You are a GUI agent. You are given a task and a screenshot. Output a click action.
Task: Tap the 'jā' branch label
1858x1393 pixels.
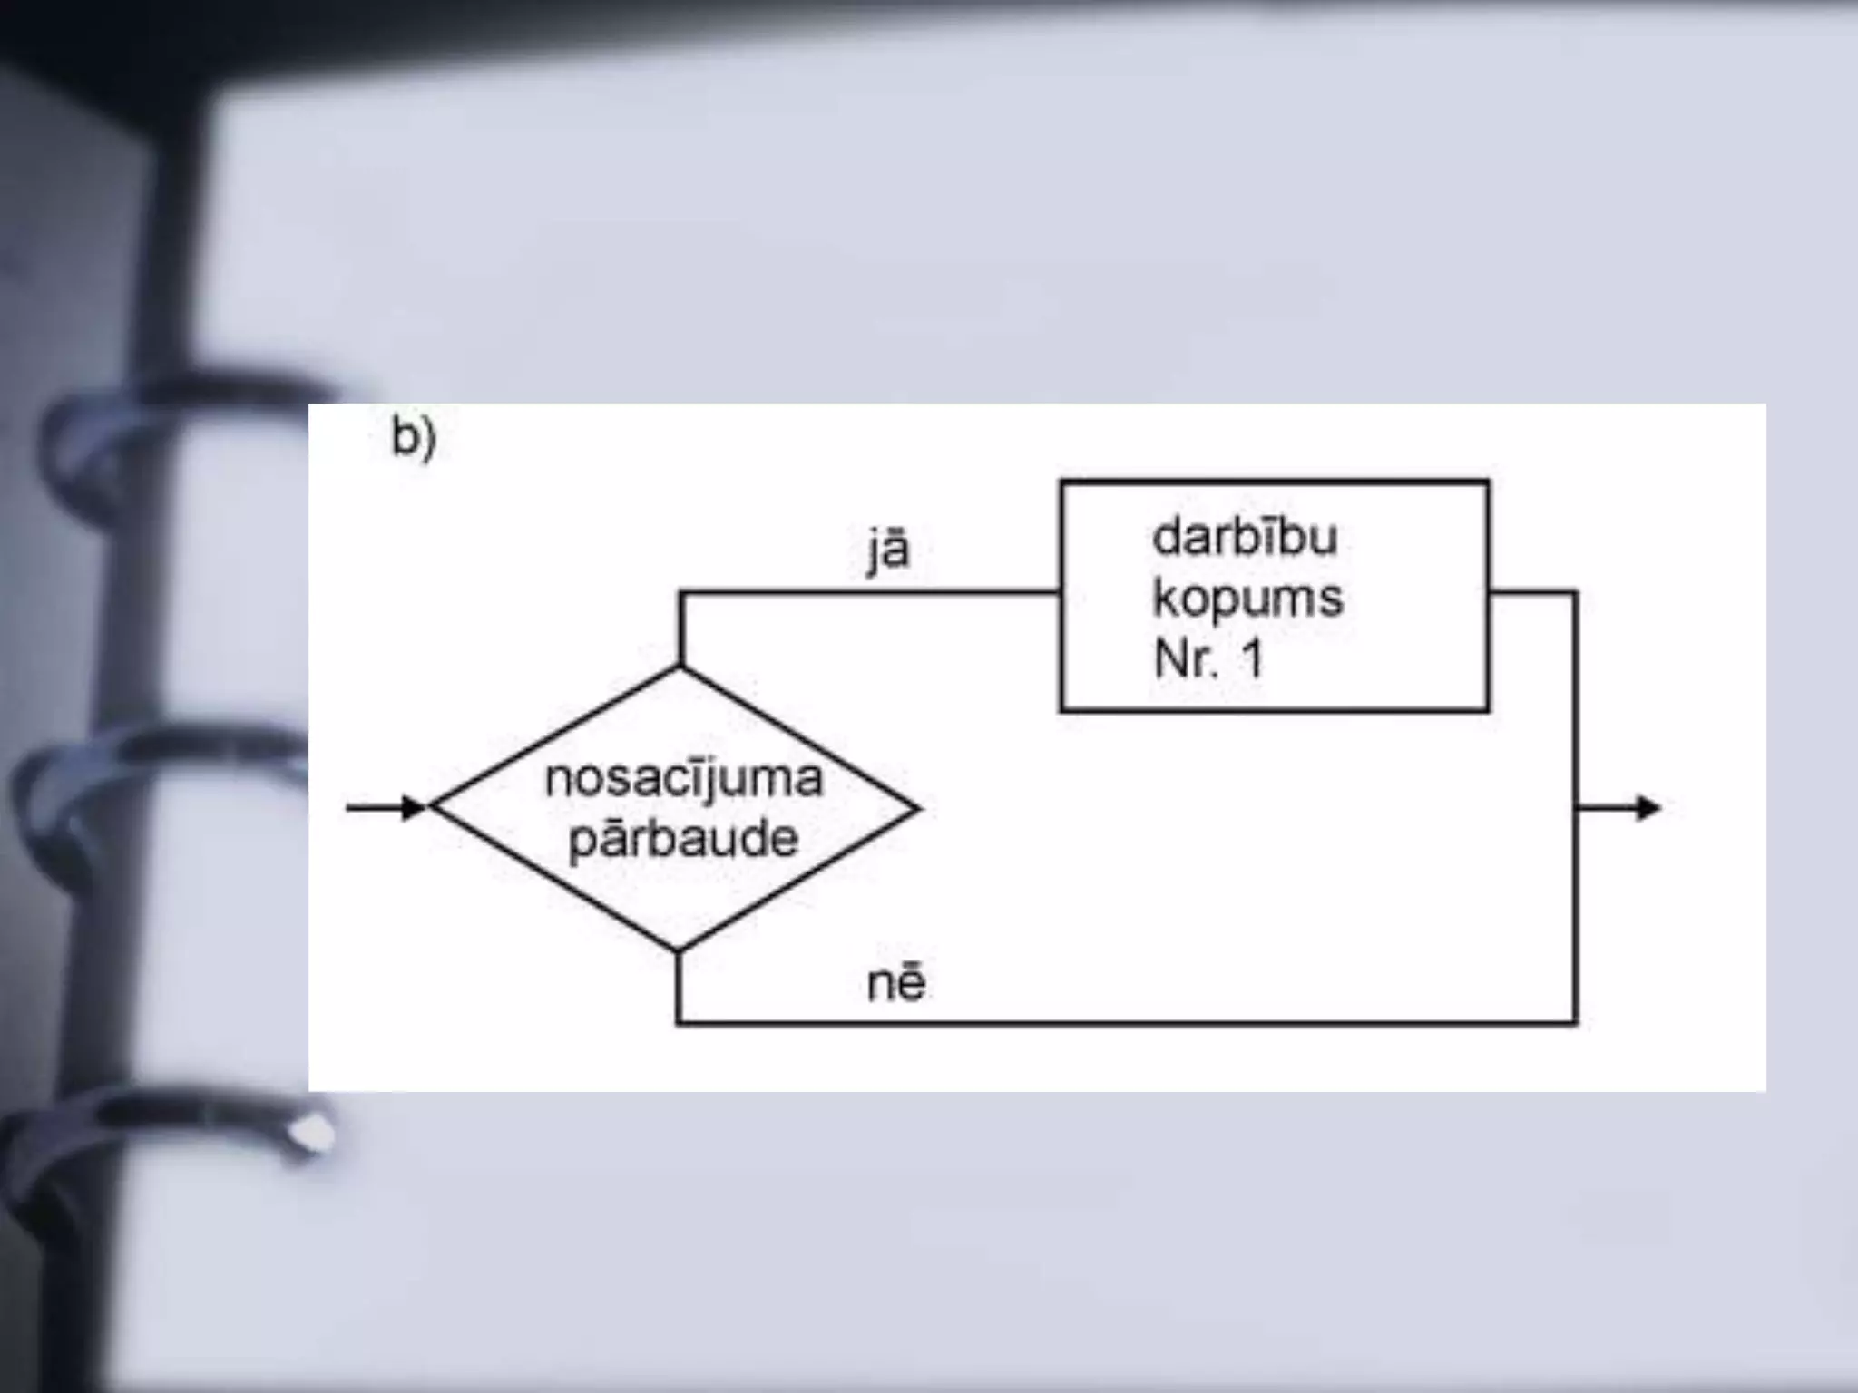tap(887, 550)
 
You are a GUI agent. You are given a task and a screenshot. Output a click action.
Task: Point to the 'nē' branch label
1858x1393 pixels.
tap(896, 983)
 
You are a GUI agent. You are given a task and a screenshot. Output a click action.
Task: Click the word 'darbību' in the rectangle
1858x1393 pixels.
tap(1245, 537)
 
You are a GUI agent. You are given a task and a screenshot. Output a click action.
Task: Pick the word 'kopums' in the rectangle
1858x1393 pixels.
tap(1247, 599)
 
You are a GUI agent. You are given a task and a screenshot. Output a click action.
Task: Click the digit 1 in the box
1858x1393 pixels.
tap(1253, 658)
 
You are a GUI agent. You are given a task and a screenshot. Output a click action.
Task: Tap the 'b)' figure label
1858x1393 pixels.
tap(414, 438)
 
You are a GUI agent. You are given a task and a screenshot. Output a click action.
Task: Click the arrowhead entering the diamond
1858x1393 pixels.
tap(416, 807)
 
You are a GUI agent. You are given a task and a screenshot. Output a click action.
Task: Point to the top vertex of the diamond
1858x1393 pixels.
tap(680, 667)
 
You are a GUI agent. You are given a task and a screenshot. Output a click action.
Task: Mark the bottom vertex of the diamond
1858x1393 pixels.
tap(678, 950)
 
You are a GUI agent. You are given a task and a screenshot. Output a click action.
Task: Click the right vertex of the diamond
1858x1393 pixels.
tap(918, 808)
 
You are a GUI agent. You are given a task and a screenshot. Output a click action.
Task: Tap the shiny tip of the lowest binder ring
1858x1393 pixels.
tap(313, 1135)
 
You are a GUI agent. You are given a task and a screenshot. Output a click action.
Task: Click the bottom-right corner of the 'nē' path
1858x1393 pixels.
tap(1577, 1023)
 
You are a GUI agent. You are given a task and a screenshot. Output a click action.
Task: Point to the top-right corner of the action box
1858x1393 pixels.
tap(1488, 482)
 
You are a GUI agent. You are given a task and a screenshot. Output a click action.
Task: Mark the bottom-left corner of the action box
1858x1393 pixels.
tap(1061, 710)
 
